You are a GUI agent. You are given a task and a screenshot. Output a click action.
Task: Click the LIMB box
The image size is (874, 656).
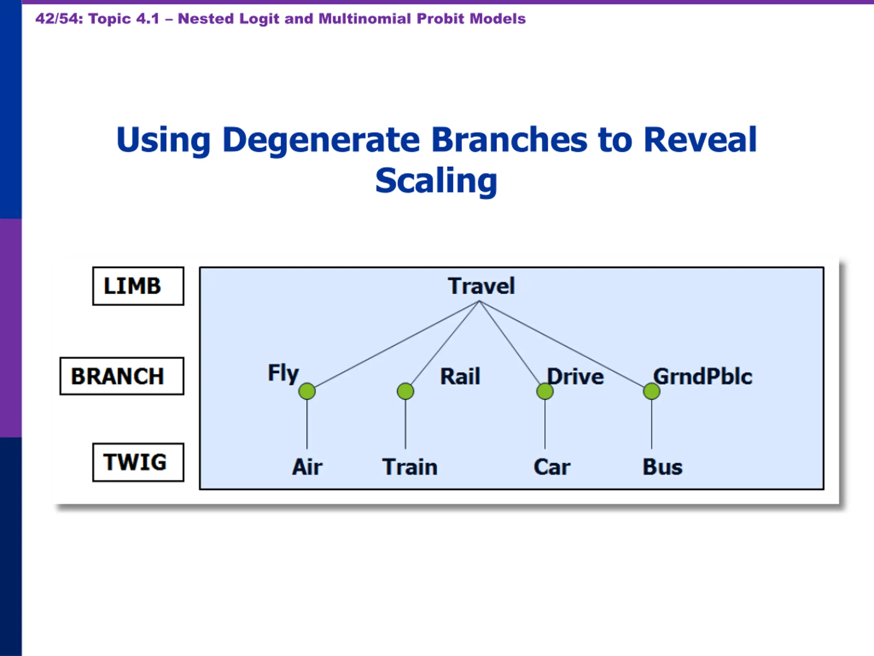coord(138,286)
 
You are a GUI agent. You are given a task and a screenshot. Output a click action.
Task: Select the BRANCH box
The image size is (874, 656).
coord(122,376)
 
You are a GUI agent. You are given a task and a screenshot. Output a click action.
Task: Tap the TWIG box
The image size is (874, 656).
coord(138,462)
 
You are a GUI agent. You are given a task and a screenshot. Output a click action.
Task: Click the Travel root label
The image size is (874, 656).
coord(481,286)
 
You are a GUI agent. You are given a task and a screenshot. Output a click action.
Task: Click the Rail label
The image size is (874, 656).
coord(460,376)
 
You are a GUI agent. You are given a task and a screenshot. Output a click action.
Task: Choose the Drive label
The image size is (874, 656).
coord(575,376)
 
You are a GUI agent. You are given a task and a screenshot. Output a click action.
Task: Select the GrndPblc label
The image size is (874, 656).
coord(703,376)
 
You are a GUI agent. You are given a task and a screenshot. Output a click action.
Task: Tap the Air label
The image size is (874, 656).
coord(307,467)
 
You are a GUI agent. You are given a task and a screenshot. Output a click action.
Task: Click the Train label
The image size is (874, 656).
coord(410,467)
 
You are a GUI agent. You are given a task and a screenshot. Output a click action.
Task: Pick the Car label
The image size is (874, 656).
coord(552,467)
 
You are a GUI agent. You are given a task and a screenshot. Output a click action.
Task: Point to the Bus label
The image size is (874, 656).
coord(662,467)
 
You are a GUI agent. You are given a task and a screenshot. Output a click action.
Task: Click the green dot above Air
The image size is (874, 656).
coord(307,391)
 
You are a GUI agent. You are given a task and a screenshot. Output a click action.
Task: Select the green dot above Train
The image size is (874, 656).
coord(405,391)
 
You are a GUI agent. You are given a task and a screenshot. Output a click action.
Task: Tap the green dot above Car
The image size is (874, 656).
coord(545,391)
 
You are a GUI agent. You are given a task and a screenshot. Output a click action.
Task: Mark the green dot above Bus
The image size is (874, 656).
coord(651,391)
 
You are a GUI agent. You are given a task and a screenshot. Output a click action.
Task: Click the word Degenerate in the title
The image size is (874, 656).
coord(321,140)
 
